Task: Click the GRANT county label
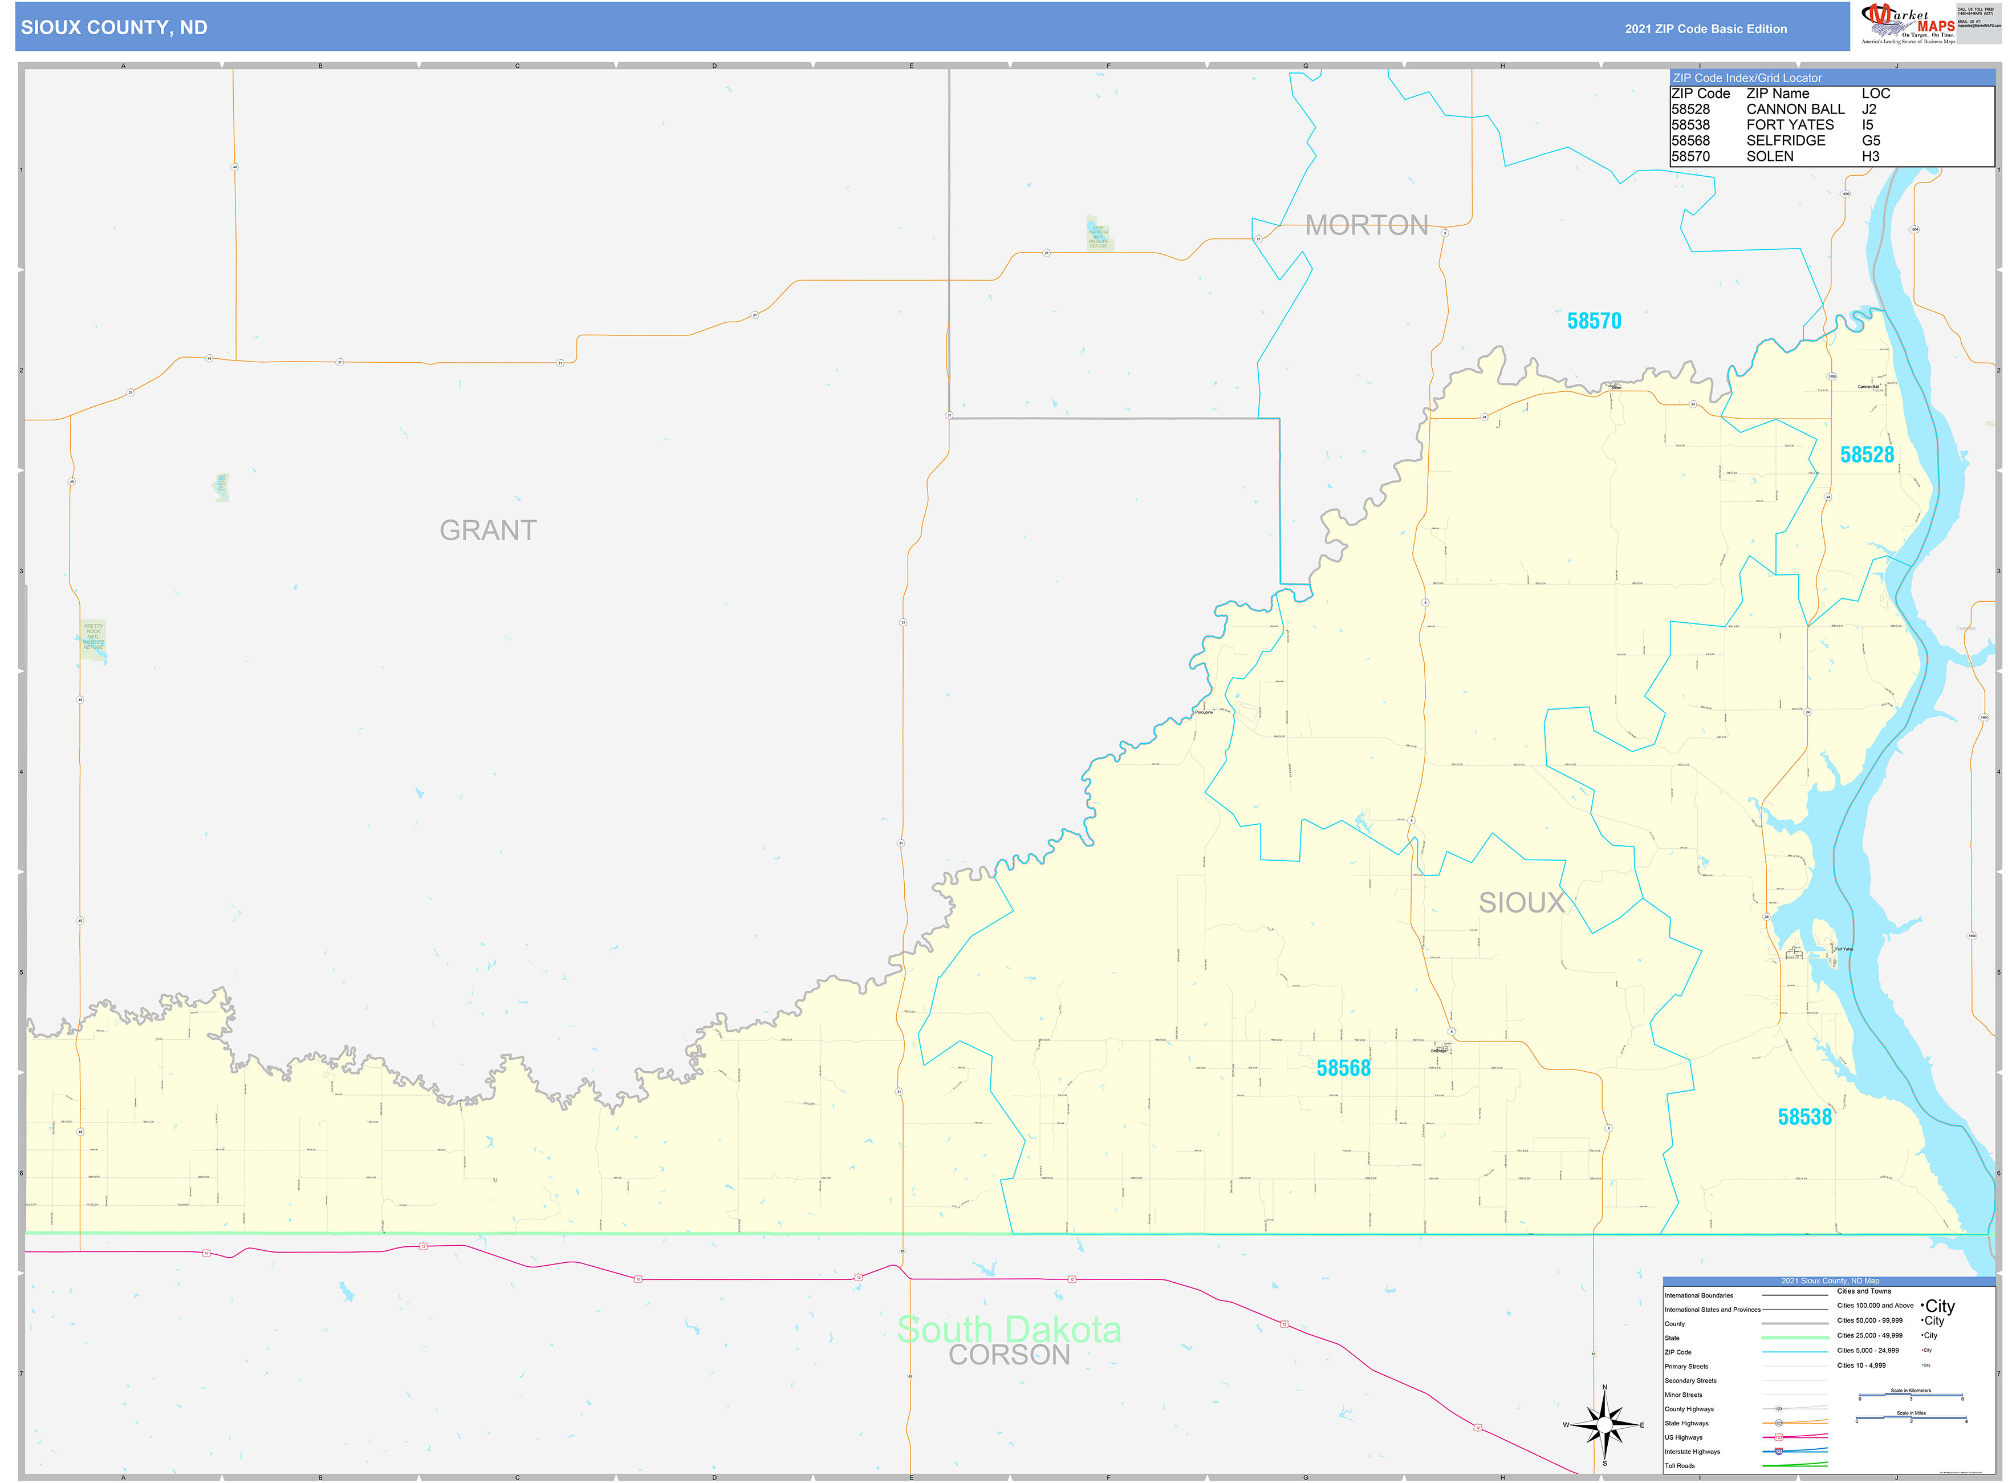(x=487, y=530)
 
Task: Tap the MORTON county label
(x=1366, y=225)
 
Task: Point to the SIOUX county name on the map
(x=1521, y=902)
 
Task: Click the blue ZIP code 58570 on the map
(x=1594, y=321)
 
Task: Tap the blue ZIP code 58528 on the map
(x=1867, y=455)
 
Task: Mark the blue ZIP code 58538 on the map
(x=1804, y=1117)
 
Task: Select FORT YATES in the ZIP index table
(x=1790, y=125)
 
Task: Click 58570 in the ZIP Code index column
(x=1690, y=156)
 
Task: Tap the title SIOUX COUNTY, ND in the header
(x=114, y=28)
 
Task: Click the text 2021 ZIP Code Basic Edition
(x=1705, y=29)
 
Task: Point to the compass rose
(x=1604, y=1425)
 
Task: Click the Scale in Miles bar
(x=1911, y=1419)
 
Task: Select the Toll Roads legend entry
(x=1680, y=1466)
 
